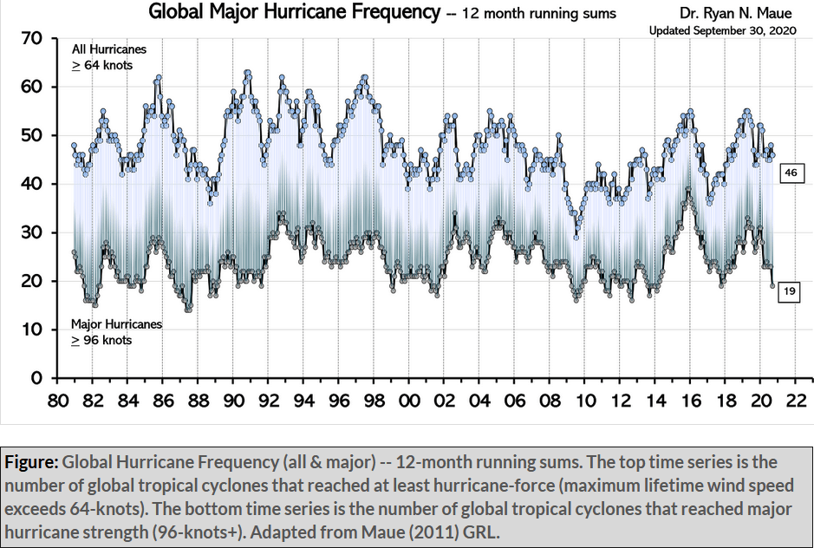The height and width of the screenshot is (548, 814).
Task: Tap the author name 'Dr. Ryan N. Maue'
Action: [747, 13]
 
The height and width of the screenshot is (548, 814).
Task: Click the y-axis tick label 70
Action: [32, 39]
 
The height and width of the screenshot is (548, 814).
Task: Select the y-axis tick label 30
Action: [32, 233]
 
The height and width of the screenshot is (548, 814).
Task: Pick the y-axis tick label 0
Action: [36, 379]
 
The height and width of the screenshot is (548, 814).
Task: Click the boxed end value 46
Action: [791, 173]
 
